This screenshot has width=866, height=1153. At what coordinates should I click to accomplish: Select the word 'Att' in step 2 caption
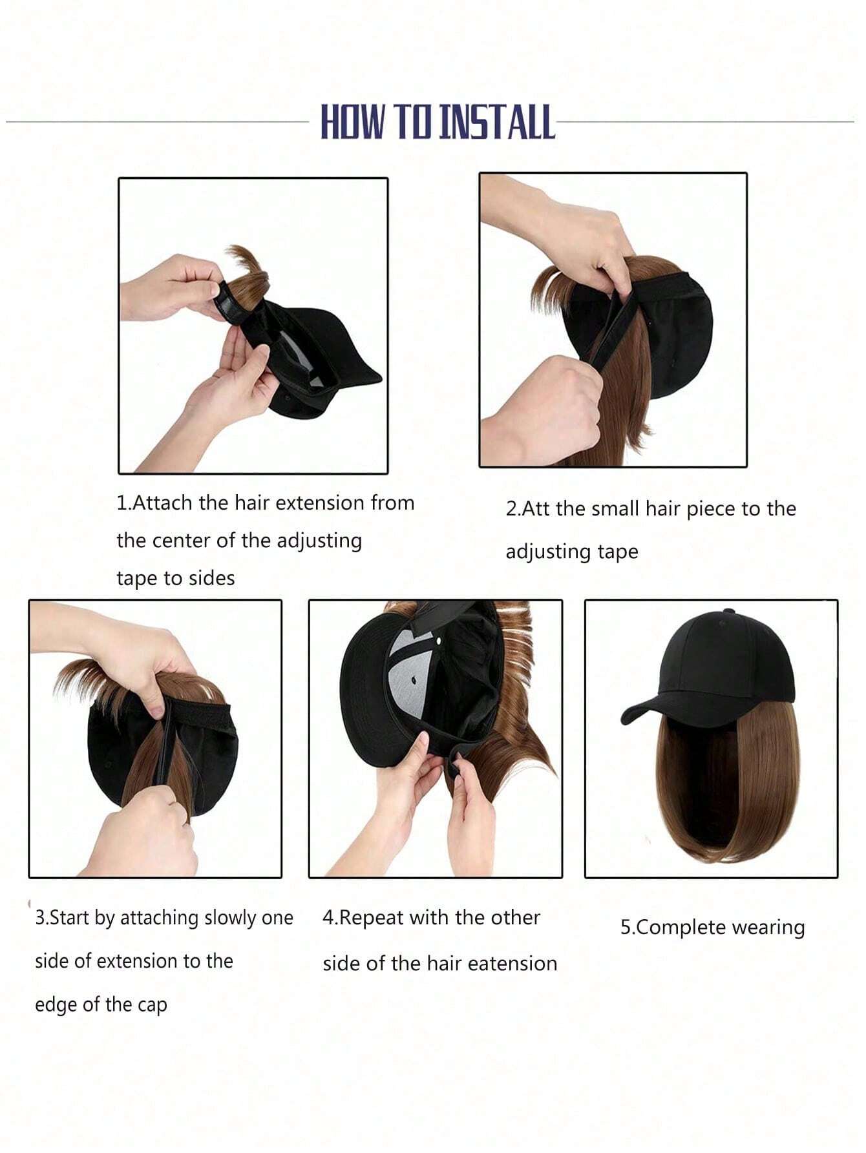(x=536, y=509)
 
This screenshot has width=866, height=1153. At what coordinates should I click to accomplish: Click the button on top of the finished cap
(x=730, y=611)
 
